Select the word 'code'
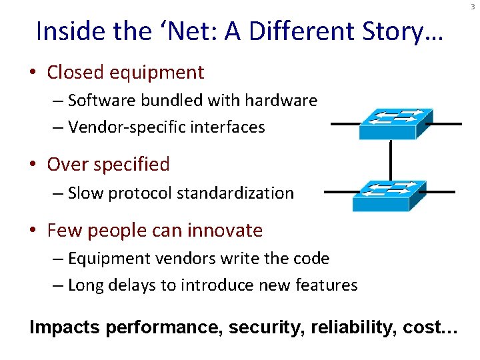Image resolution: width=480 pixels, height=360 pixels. click(x=313, y=258)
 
